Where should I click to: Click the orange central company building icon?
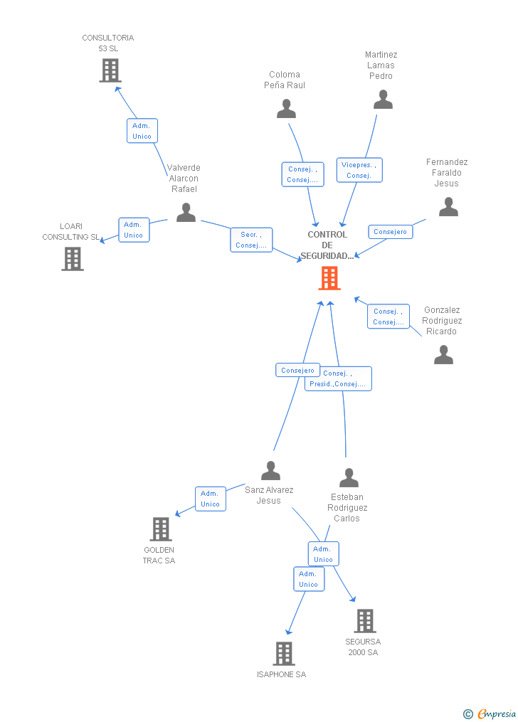coord(329,278)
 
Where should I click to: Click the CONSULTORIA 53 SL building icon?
coord(110,70)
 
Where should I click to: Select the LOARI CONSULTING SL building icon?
coord(72,259)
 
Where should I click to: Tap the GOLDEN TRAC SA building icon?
coord(161,529)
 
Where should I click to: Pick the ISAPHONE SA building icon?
coord(283,653)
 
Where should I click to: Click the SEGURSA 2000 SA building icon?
coord(364,621)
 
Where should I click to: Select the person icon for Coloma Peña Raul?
coord(286,109)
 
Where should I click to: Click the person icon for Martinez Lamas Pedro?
coord(383,100)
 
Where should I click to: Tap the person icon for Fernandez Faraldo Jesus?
coord(448,207)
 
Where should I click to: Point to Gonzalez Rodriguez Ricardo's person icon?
coord(443,354)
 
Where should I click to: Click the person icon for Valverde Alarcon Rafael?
coord(186,212)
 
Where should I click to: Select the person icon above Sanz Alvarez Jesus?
coord(270,471)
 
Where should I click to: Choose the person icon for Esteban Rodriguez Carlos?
coord(349,477)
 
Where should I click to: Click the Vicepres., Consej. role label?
coord(359,170)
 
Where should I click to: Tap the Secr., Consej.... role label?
coord(251,240)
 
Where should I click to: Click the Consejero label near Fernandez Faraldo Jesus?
coord(390,231)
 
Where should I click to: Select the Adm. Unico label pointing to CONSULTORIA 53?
coord(142,131)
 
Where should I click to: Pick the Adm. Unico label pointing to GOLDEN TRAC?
coord(210,499)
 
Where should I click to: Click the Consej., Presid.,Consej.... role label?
coord(339,378)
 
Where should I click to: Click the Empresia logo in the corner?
coord(490,713)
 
